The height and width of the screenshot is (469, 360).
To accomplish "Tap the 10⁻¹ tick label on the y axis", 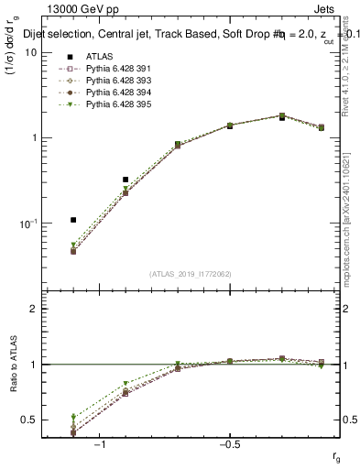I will (x=29, y=224).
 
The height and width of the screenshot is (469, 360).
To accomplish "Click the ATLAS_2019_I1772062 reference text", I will (x=191, y=273).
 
